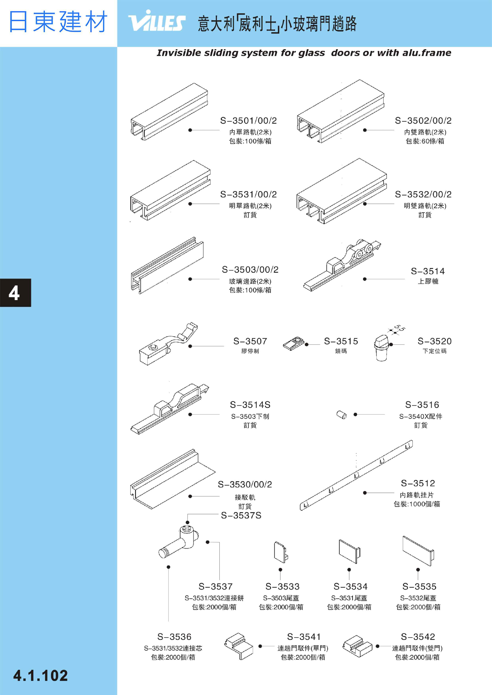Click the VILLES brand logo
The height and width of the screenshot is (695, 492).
(157, 21)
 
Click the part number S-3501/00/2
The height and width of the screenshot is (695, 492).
(248, 121)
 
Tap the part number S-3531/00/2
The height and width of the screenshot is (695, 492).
(248, 194)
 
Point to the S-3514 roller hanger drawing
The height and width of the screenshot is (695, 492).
(342, 265)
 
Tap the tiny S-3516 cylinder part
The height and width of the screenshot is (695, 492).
(342, 415)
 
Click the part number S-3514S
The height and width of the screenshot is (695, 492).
(250, 405)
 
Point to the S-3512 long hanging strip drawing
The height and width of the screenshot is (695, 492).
(356, 475)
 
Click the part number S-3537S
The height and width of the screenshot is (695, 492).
(241, 515)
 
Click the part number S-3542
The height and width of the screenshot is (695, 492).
(418, 636)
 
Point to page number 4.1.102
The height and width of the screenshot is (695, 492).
(41, 676)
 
